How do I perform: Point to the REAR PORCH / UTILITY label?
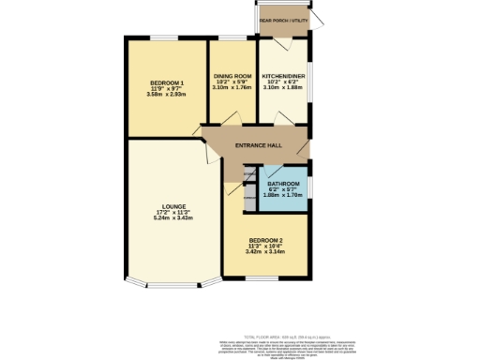click(284, 20)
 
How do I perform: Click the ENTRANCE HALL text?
click(259, 146)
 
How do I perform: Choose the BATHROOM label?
click(283, 183)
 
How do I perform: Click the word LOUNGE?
click(172, 205)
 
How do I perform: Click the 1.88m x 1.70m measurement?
click(283, 195)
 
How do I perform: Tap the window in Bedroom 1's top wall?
click(165, 37)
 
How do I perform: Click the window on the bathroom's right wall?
click(310, 178)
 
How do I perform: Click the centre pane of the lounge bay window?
click(173, 285)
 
